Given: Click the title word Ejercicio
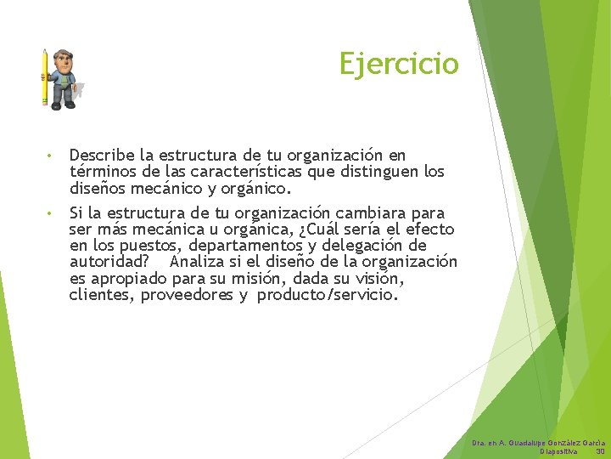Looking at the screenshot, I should coord(398,64).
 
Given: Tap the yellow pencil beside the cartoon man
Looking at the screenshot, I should coord(44,76).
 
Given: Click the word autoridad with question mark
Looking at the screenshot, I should coord(109,262).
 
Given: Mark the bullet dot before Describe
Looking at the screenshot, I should coord(51,156).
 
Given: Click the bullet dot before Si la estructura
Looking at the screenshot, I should coord(51,213).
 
